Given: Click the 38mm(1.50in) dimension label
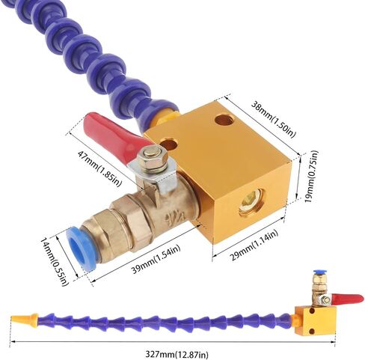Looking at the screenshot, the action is tap(273, 118).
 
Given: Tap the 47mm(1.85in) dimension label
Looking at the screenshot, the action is tap(99, 168).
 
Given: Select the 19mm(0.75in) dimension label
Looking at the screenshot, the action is tap(311, 176).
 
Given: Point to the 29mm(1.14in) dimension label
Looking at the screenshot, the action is tap(254, 245).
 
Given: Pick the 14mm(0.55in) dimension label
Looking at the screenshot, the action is tap(55, 261).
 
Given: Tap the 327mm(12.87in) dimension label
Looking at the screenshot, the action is tap(177, 354).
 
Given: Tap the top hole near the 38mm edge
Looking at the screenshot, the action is tap(224, 120).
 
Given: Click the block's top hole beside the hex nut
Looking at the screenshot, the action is tap(169, 144).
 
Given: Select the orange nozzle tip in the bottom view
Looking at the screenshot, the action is tap(25, 319).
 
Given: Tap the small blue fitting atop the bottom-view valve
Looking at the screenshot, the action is tap(318, 272).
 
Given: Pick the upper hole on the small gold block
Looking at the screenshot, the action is tap(312, 311).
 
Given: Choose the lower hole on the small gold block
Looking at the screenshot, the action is tap(312, 331).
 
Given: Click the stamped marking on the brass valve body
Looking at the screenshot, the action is tap(175, 216).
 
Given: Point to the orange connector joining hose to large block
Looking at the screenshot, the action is tap(167, 118).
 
